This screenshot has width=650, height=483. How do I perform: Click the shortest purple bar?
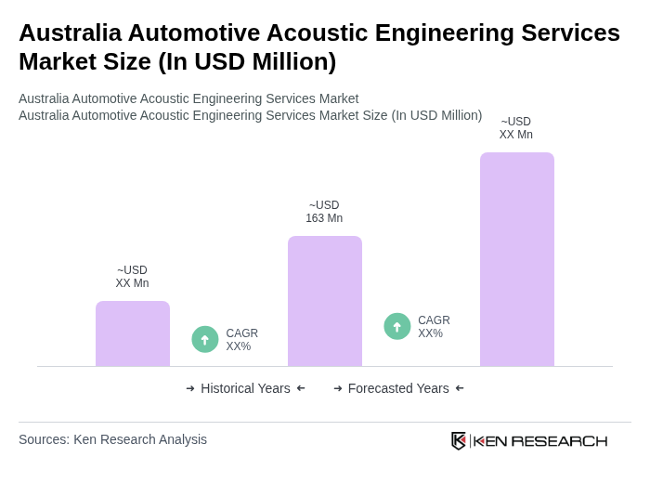pyautogui.click(x=133, y=333)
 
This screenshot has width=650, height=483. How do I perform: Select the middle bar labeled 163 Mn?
pyautogui.click(x=324, y=301)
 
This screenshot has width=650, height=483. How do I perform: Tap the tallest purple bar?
pyautogui.click(x=516, y=259)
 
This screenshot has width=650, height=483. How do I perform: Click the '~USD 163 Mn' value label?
pyautogui.click(x=324, y=212)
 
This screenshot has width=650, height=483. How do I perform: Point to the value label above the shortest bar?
pyautogui.click(x=132, y=277)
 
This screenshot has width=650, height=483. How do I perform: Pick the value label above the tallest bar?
pyautogui.click(x=516, y=128)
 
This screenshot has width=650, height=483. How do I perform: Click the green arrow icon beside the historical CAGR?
pyautogui.click(x=205, y=339)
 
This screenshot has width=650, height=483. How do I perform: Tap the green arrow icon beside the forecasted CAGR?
pyautogui.click(x=397, y=326)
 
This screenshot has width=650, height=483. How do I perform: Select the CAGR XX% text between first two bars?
pyautogui.click(x=241, y=340)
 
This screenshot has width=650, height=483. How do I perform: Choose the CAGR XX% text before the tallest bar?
pyautogui.click(x=434, y=327)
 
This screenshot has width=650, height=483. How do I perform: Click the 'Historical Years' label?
pyautogui.click(x=245, y=388)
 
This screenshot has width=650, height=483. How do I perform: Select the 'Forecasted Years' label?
pyautogui.click(x=398, y=388)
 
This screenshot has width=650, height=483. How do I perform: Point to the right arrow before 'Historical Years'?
pyautogui.click(x=190, y=388)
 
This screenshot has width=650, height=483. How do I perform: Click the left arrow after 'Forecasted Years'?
pyautogui.click(x=460, y=388)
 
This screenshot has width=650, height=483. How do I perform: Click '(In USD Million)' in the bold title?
pyautogui.click(x=247, y=61)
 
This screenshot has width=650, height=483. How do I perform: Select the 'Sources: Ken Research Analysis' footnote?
pyautogui.click(x=112, y=439)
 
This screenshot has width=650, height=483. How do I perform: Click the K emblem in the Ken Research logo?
pyautogui.click(x=459, y=440)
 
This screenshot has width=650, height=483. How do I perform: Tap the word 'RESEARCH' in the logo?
pyautogui.click(x=559, y=440)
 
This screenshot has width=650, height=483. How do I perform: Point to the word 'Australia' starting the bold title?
pyautogui.click(x=70, y=33)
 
